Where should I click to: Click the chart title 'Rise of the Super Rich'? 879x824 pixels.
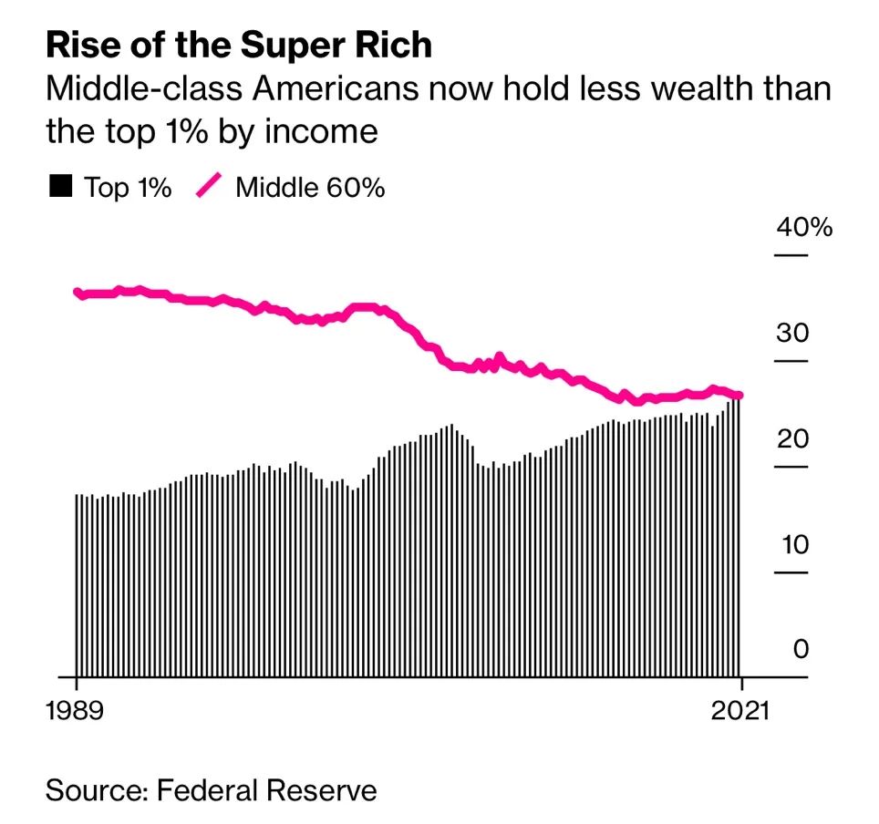pyautogui.click(x=239, y=46)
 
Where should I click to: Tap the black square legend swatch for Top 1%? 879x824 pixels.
pyautogui.click(x=60, y=187)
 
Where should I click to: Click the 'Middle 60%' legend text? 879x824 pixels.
pyautogui.click(x=310, y=188)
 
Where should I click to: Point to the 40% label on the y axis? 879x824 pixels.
pyautogui.click(x=803, y=227)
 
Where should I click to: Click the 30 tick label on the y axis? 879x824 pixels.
pyautogui.click(x=792, y=333)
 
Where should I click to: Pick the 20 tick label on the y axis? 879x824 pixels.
pyautogui.click(x=792, y=438)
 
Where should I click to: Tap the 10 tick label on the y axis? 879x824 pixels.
pyautogui.click(x=792, y=544)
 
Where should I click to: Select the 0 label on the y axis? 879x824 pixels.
pyautogui.click(x=801, y=650)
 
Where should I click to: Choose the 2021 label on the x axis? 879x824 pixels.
pyautogui.click(x=739, y=710)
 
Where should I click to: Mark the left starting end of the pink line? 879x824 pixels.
pyautogui.click(x=78, y=293)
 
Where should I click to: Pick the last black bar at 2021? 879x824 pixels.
pyautogui.click(x=738, y=538)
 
